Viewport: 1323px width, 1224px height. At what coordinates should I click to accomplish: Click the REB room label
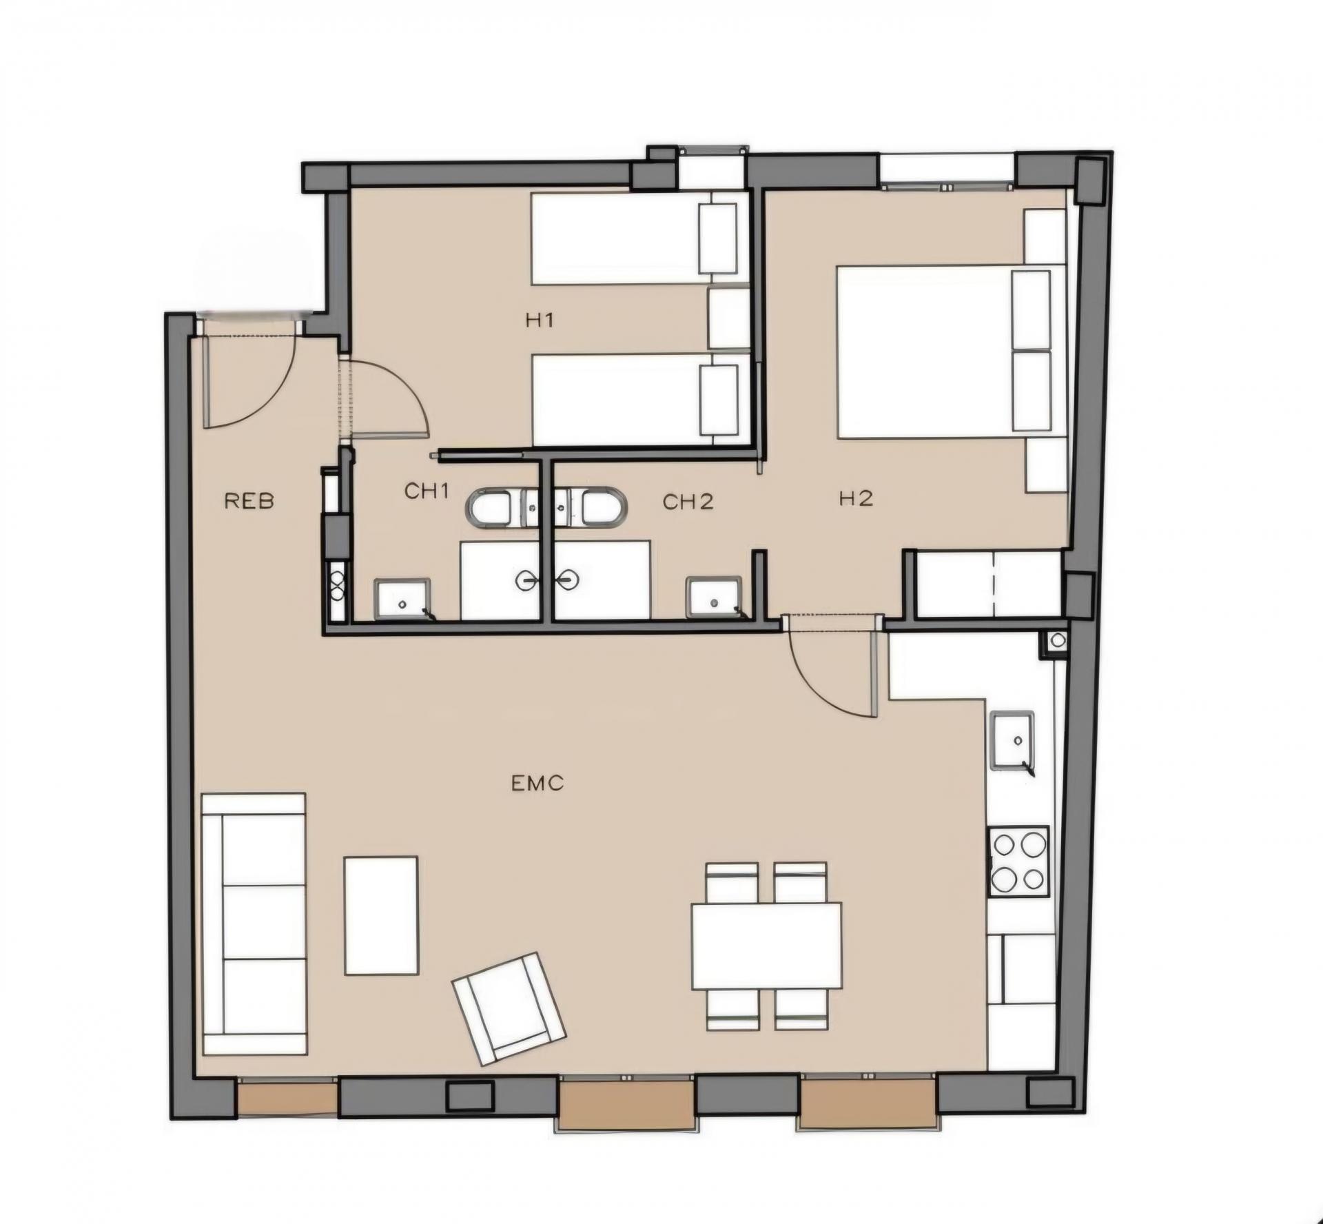tap(249, 501)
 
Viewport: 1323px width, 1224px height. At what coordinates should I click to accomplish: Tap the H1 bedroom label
tap(540, 320)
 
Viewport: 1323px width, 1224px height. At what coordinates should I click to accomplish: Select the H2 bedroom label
tap(857, 498)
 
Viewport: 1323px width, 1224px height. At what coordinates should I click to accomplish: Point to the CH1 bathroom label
tap(427, 491)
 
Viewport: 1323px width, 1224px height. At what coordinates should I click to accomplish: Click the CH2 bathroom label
tap(688, 502)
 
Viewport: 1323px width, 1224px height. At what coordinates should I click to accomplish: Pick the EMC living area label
tap(537, 783)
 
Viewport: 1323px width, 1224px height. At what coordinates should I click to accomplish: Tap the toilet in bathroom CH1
tap(504, 509)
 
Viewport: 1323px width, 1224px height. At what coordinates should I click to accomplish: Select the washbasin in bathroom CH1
tap(402, 599)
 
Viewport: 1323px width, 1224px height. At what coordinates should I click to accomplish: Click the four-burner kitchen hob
tap(1019, 861)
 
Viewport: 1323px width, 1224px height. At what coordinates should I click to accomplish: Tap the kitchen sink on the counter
tap(1013, 741)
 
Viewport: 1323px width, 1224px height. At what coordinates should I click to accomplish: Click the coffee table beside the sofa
tap(381, 915)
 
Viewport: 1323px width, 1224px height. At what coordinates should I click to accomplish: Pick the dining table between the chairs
tap(767, 946)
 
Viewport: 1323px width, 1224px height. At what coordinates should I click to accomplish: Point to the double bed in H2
tap(945, 351)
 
